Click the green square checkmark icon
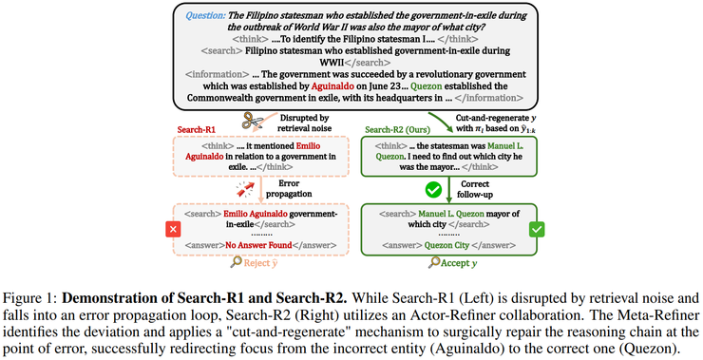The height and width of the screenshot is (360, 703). pos(537,229)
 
